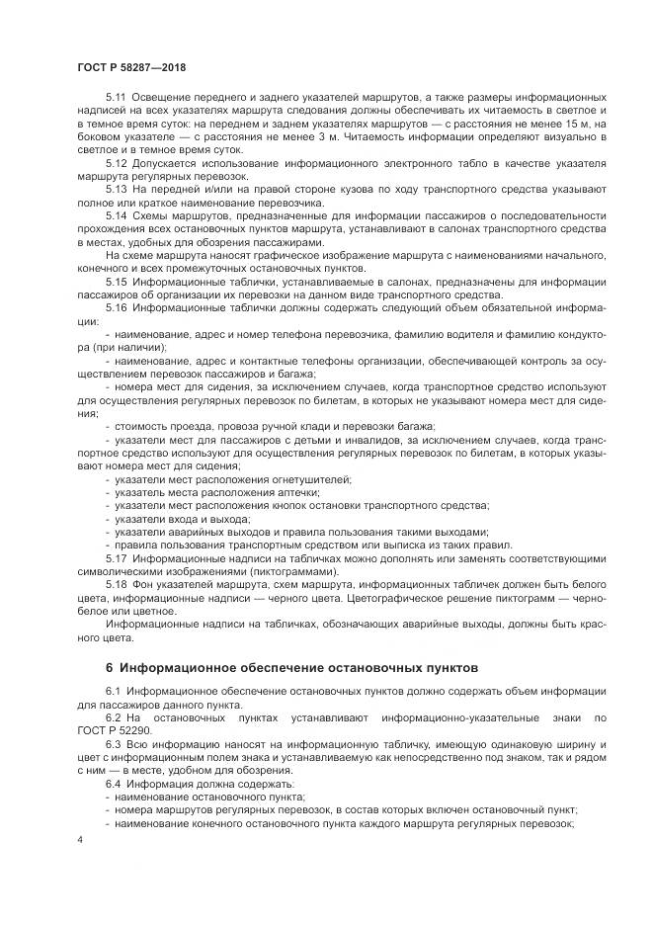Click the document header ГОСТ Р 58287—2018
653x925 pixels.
pos(131,66)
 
